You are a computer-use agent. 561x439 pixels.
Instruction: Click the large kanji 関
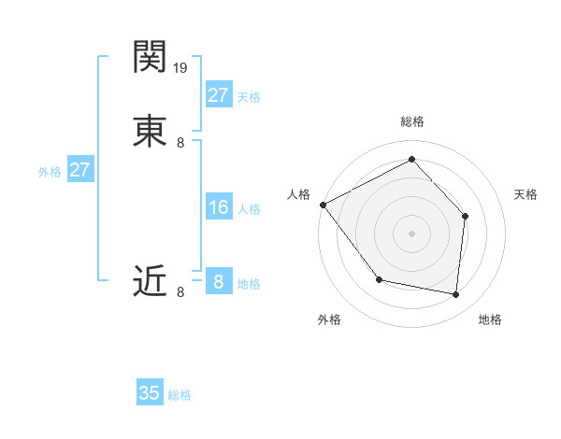point(151,56)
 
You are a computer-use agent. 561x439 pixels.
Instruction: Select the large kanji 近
point(151,280)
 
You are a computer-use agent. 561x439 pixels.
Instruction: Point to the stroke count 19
point(181,68)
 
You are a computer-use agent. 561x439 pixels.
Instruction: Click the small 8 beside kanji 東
point(180,143)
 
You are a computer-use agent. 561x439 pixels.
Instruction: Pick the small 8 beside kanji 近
point(180,292)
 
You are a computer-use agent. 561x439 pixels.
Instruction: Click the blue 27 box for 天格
point(218,95)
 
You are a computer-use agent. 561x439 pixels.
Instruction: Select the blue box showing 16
point(218,207)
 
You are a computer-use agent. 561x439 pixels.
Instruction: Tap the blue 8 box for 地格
point(218,282)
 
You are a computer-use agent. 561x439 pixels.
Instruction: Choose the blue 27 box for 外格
point(79,170)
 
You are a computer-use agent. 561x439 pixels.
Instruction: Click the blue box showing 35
point(150,393)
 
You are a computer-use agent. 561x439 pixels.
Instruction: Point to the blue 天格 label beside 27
point(249,97)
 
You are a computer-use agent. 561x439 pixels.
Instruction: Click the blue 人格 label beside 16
point(249,209)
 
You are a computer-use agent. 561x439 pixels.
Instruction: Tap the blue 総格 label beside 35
point(180,395)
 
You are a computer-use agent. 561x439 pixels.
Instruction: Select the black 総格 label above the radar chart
point(411,121)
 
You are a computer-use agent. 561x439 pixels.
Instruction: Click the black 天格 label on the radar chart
point(525,194)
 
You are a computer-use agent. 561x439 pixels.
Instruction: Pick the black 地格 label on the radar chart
point(490,319)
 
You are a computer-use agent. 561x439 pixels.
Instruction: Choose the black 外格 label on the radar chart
point(329,319)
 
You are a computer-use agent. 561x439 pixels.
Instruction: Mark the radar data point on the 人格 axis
point(323,205)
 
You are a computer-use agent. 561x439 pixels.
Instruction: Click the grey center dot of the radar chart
point(411,233)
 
